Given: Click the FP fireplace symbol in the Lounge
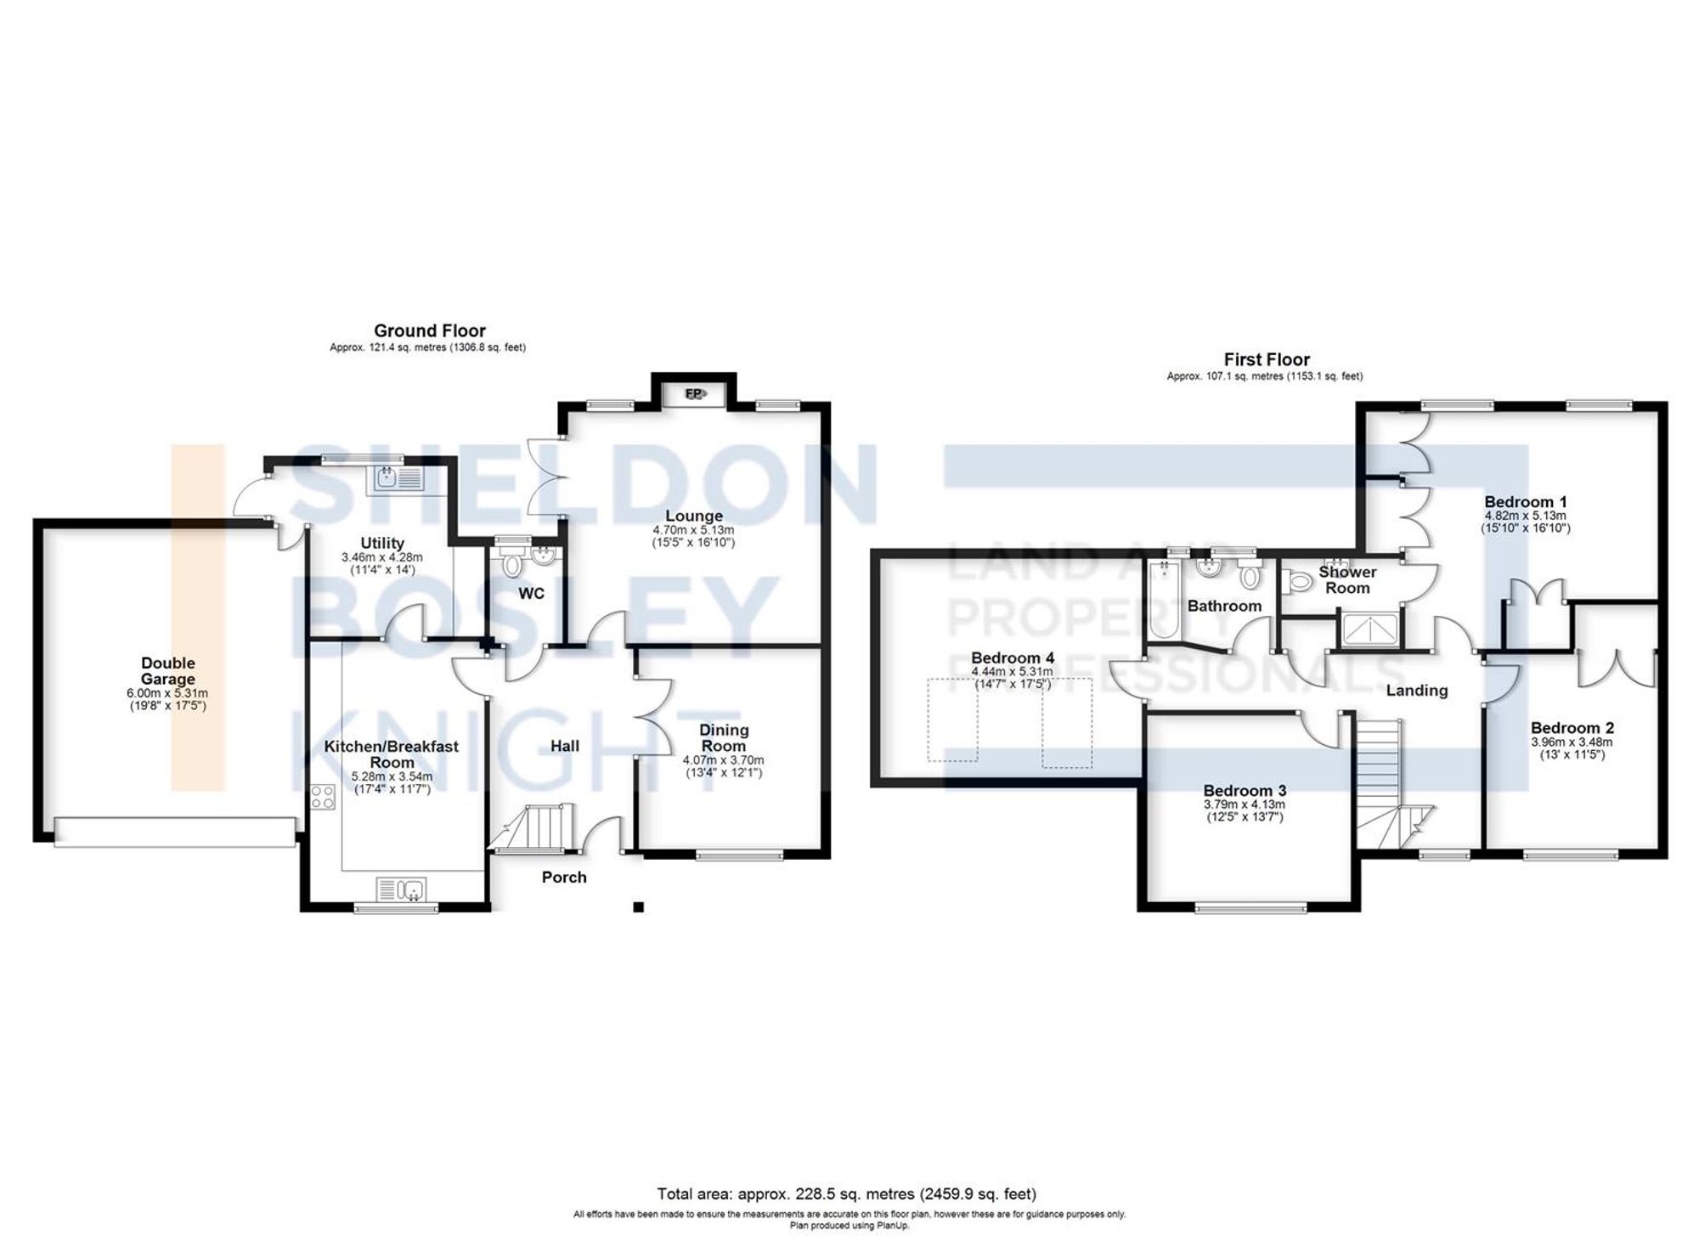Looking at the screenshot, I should click(694, 394).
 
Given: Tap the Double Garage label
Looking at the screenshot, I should click(168, 670).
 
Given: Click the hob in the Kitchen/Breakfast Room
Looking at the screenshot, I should click(322, 797).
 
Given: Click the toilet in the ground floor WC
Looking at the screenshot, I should click(511, 563).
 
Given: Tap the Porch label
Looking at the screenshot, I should click(564, 877).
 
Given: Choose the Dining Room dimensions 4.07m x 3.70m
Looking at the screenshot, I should click(723, 760).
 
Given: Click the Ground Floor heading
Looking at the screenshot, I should click(429, 330).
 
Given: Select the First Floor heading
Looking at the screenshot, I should click(1267, 359).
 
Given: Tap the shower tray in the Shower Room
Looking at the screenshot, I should click(1370, 629).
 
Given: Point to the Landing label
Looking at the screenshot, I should click(1416, 690).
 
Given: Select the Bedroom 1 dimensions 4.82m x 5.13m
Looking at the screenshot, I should click(1525, 516).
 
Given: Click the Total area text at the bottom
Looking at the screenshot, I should click(846, 1194).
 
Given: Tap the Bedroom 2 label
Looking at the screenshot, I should click(1572, 727).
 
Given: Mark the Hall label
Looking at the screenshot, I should click(565, 746).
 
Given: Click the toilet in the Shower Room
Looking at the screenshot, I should click(1299, 581).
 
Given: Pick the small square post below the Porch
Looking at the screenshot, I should click(638, 907).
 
